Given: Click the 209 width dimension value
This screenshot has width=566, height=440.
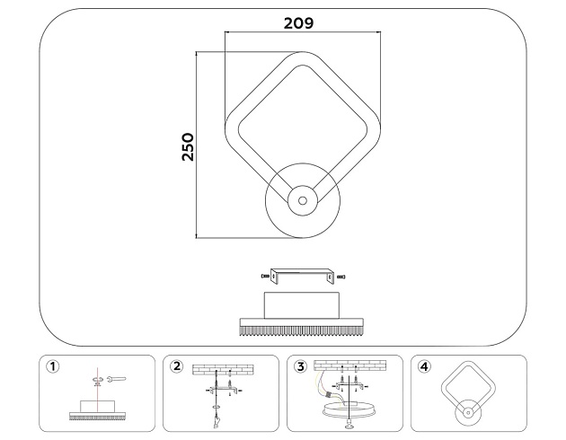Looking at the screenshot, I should [x=298, y=23].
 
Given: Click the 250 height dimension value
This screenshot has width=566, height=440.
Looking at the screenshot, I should [x=188, y=146].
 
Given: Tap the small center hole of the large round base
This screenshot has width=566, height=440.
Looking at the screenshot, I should [x=303, y=200].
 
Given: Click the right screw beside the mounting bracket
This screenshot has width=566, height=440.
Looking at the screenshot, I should [x=343, y=275].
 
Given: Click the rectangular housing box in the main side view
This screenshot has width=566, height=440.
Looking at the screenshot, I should [x=302, y=304].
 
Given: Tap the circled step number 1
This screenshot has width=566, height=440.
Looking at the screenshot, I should [x=56, y=366].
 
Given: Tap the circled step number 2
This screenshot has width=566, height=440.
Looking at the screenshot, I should [x=177, y=366].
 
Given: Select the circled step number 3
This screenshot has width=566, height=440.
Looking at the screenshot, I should [x=300, y=366].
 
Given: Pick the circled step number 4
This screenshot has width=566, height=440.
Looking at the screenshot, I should [x=424, y=366].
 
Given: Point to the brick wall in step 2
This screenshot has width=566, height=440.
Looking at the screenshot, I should [x=223, y=369].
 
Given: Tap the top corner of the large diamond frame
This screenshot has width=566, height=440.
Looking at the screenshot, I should [x=303, y=56].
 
